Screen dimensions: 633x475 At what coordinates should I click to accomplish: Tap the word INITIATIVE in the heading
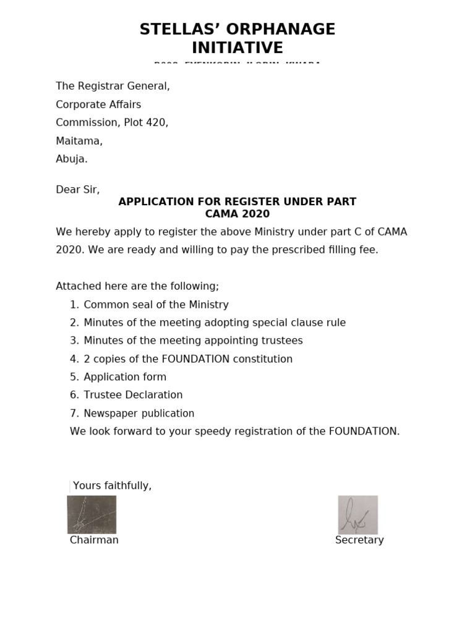pos(237,48)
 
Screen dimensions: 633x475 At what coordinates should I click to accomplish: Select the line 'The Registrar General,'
pos(113,87)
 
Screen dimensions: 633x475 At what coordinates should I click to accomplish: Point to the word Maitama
pos(79,141)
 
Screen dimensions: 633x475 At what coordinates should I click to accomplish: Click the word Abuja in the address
pos(71,159)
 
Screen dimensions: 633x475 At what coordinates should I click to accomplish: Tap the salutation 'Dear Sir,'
pos(77,190)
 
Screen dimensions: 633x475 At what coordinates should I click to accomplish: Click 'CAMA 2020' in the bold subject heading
pos(237,214)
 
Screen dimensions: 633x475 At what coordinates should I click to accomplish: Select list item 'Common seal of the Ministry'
pos(156,305)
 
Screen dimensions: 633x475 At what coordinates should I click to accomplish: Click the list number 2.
pos(74,323)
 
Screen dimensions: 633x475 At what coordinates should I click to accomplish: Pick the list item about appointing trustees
pos(193,341)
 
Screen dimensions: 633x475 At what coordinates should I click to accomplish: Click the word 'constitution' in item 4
pos(263,359)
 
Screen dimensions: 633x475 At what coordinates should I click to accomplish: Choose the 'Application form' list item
pos(125,377)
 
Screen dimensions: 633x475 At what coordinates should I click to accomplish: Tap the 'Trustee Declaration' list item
pos(133,395)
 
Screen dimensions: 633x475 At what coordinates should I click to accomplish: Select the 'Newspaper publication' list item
pos(139,414)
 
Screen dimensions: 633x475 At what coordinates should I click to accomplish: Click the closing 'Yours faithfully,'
pos(112,486)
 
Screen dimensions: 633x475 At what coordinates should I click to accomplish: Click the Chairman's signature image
pos(92,514)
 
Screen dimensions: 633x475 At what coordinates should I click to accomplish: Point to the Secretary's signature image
pos(357,514)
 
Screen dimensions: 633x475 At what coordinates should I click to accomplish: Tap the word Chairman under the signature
pos(94,540)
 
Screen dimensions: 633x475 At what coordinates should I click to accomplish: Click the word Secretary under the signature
pos(359,540)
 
